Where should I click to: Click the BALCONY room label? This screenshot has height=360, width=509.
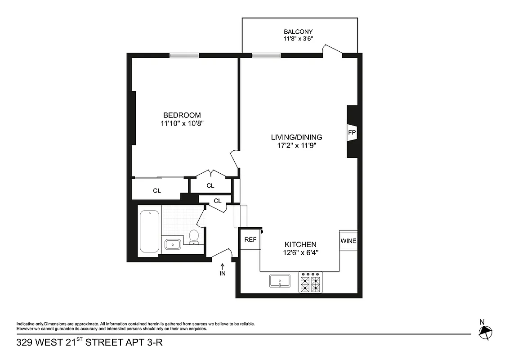(x=298, y=31)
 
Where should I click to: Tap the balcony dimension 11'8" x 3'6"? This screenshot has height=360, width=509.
(x=298, y=39)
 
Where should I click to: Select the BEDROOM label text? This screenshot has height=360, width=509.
(x=182, y=115)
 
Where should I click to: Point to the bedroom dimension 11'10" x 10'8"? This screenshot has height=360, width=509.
(x=182, y=123)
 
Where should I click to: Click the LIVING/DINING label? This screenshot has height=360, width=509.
(x=296, y=137)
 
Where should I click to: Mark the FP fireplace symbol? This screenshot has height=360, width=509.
(x=352, y=133)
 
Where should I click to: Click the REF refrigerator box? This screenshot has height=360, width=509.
(x=250, y=240)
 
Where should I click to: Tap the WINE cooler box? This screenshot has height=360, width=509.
(x=348, y=241)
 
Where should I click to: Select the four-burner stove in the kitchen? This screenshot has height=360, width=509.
(x=311, y=283)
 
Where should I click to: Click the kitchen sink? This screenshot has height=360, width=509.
(x=280, y=281)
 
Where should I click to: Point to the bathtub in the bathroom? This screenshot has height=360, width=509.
(x=149, y=231)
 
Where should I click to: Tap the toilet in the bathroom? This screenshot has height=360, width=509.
(x=194, y=236)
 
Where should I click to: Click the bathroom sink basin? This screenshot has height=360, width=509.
(x=172, y=244)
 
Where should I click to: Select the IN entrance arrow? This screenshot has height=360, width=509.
(x=222, y=269)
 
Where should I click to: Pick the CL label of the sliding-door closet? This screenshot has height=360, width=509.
(x=156, y=191)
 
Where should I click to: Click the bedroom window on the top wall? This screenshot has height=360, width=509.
(x=184, y=55)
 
